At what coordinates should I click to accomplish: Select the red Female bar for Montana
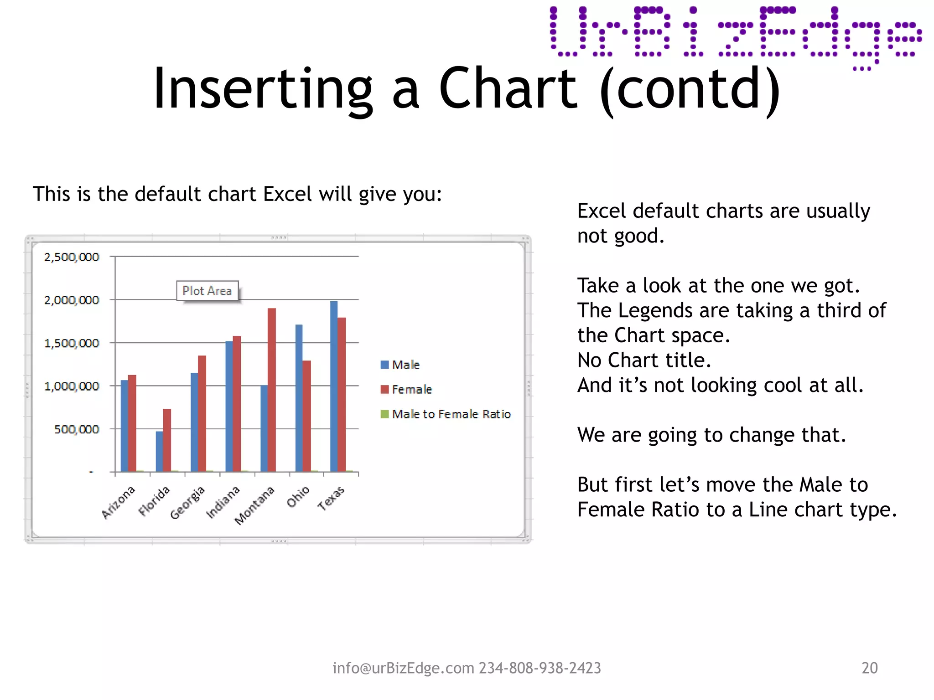tap(272, 390)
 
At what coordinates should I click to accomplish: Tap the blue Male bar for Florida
tap(159, 451)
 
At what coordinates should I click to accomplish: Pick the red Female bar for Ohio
tap(307, 416)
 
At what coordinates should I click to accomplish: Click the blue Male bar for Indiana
tap(229, 406)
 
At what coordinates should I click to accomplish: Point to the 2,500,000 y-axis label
tap(72, 257)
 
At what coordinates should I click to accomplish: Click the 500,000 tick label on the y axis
tap(77, 430)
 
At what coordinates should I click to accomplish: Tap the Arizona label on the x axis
tap(119, 502)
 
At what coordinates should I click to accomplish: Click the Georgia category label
tap(187, 503)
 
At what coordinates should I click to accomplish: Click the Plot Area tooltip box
tap(207, 291)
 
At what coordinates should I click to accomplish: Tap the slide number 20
tap(869, 668)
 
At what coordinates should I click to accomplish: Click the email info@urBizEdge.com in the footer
tap(403, 668)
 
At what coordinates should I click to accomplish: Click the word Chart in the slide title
tap(508, 89)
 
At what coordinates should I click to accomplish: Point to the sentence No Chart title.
tap(644, 360)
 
